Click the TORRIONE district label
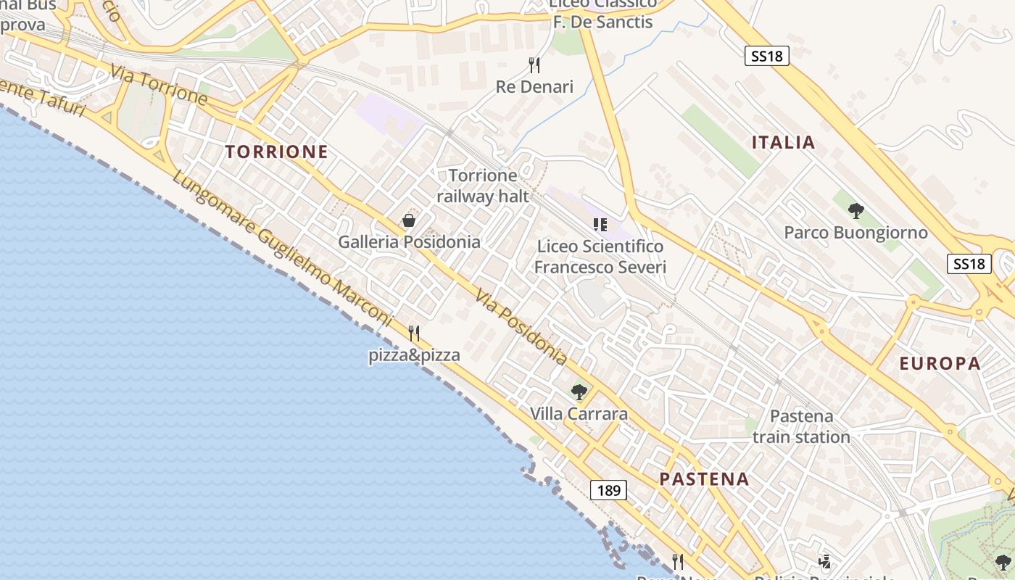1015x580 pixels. (x=276, y=152)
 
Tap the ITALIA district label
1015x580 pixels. (x=783, y=142)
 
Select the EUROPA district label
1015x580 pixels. (x=940, y=363)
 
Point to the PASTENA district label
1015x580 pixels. (x=704, y=478)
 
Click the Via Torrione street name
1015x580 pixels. (x=159, y=84)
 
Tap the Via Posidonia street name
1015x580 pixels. (x=521, y=326)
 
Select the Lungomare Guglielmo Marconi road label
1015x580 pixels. (x=282, y=246)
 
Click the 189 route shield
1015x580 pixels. (x=608, y=490)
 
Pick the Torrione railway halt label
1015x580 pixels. (x=483, y=186)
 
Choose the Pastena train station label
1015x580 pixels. (x=801, y=426)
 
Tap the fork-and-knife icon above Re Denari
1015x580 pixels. (x=534, y=65)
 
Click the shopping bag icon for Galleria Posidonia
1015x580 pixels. (x=409, y=220)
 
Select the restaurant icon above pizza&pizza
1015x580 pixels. (x=414, y=333)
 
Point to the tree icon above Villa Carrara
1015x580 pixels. (x=579, y=392)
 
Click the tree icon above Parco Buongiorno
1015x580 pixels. (x=855, y=211)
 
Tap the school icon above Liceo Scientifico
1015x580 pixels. (x=600, y=225)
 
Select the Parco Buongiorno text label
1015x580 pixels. (x=855, y=233)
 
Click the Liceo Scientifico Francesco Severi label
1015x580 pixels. (x=600, y=257)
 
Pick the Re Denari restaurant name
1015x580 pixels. (x=534, y=87)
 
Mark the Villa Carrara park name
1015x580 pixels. (x=579, y=414)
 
